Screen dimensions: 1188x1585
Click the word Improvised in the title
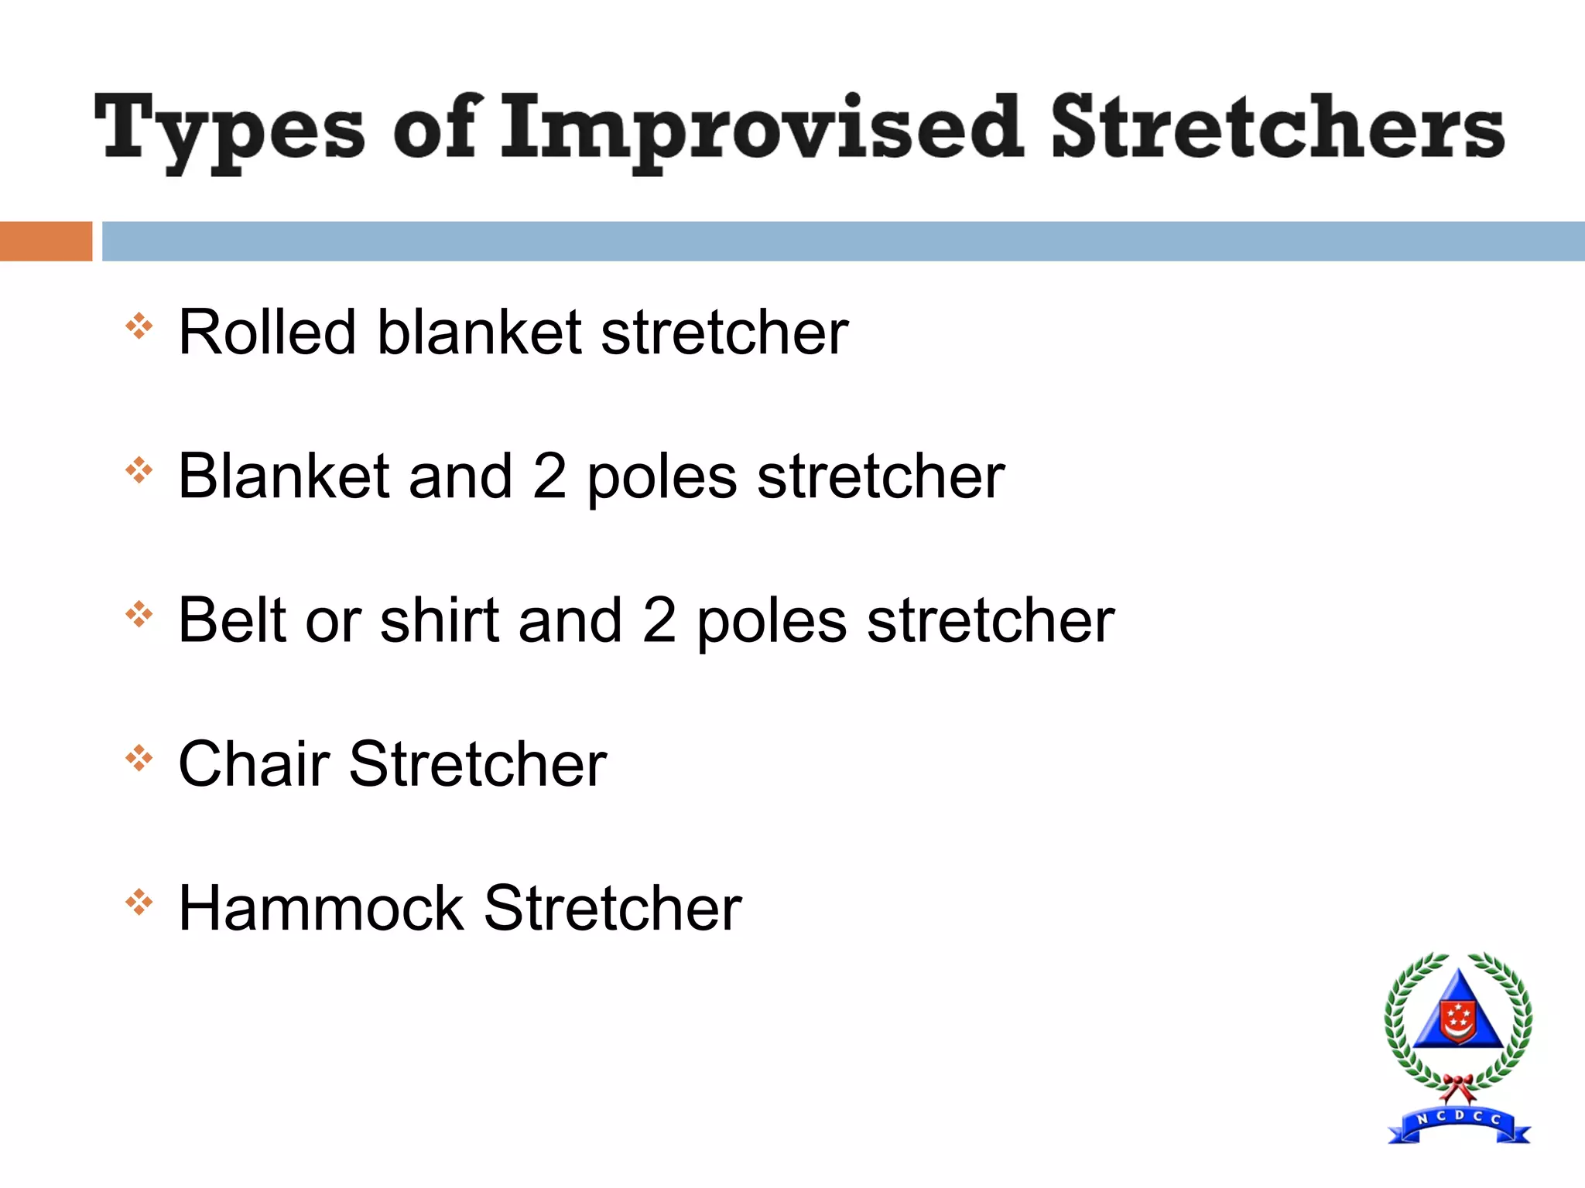point(762,128)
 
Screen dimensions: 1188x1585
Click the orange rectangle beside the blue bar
point(46,241)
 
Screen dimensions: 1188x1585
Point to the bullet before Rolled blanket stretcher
point(139,326)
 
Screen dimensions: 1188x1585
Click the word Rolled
point(267,332)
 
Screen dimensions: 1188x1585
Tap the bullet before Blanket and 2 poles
point(139,469)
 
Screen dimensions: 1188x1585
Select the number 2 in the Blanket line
point(549,476)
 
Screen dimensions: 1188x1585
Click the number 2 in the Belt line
point(659,620)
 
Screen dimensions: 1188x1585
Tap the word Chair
point(254,764)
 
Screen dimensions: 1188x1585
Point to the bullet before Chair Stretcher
point(139,758)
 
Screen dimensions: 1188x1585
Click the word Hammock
point(321,908)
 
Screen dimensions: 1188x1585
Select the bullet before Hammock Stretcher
point(139,902)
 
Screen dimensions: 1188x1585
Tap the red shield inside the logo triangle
point(1458,1021)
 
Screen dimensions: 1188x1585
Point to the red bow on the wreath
point(1458,1086)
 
